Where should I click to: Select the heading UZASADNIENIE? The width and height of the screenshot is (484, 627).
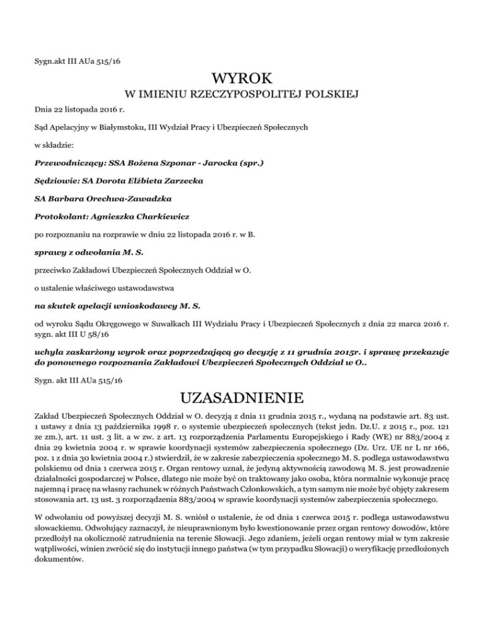click(242, 399)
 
